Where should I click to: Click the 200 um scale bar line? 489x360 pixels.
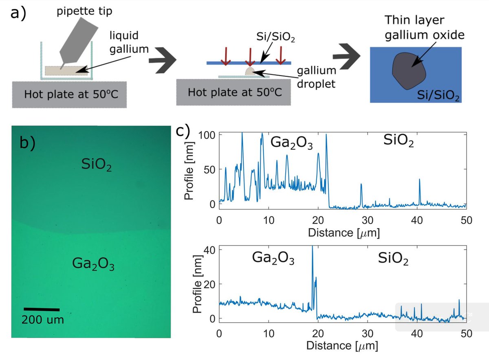tap(42, 310)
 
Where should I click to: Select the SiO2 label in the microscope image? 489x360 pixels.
tap(95, 164)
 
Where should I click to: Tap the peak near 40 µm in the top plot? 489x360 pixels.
tap(419, 180)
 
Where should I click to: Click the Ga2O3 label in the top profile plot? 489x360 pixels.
tap(291, 143)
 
